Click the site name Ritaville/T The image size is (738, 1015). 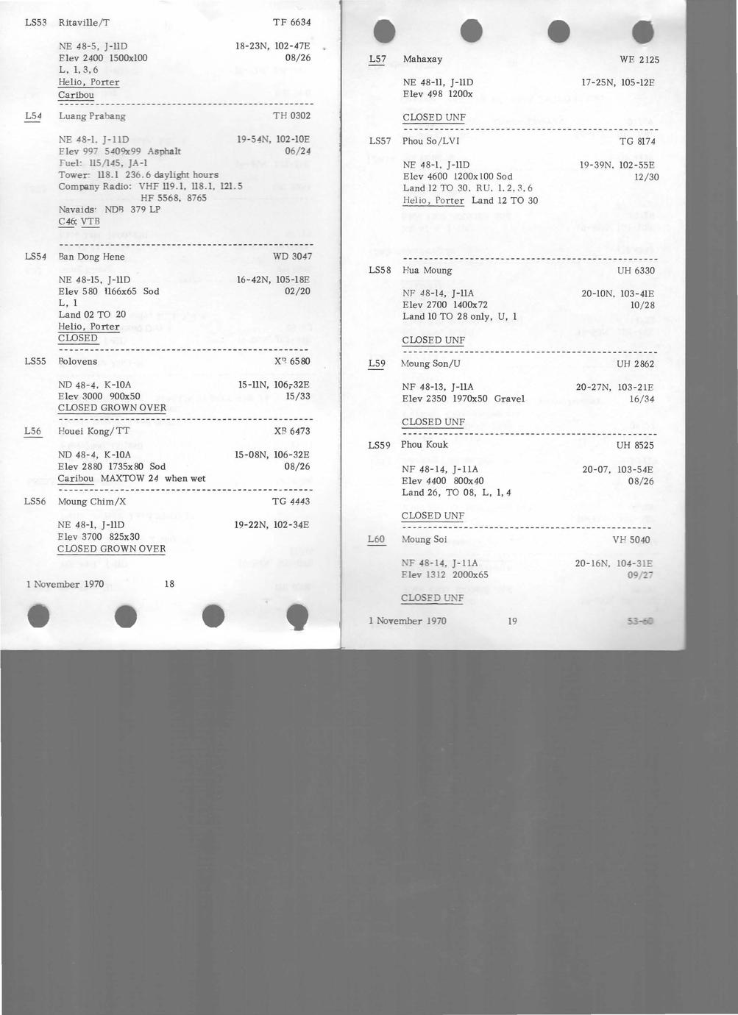(84, 23)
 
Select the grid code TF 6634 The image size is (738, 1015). (291, 23)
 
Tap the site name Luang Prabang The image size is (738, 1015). (92, 116)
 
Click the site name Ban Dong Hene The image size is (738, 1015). (91, 257)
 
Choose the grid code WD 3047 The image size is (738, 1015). (292, 257)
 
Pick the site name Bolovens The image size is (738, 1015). (77, 362)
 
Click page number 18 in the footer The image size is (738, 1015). (169, 584)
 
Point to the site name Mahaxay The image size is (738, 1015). (422, 59)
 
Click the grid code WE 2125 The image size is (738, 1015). (639, 60)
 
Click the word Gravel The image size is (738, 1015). (509, 399)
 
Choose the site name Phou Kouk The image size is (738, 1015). (424, 445)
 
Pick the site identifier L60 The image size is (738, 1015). (376, 539)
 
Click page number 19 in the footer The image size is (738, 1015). (512, 621)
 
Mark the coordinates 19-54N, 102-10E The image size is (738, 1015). (273, 139)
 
